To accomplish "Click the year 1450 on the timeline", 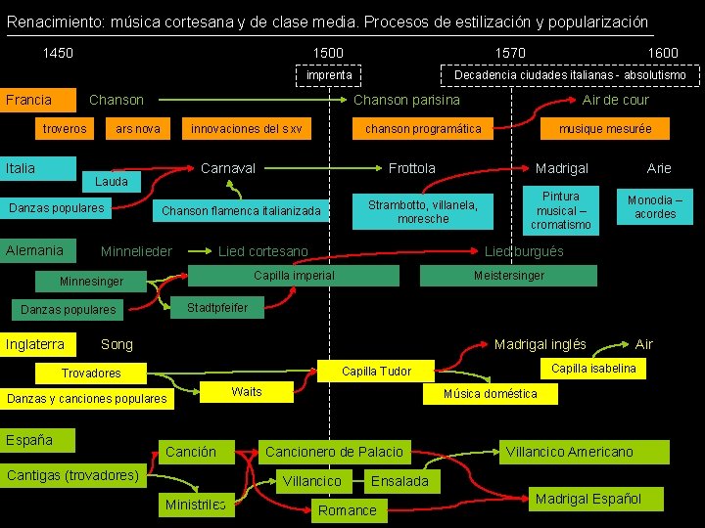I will coord(58,53).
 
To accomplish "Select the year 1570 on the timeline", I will coord(509,53).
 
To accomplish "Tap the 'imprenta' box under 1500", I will coord(329,75).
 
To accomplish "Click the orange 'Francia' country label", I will coord(39,100).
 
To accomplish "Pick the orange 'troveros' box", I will coord(65,129).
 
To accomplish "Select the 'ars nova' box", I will coord(137,129).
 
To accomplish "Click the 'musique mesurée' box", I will coord(604,129).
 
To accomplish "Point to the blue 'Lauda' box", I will coord(111,182).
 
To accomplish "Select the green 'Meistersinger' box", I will coord(508,276).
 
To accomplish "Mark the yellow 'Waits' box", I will coord(246,392).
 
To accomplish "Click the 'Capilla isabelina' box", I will coord(593,369).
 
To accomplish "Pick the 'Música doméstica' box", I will coord(491,394).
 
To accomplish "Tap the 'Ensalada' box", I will coord(399,481).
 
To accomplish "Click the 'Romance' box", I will coord(347,509).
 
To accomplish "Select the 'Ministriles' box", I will coord(195,505).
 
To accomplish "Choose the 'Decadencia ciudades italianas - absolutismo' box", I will coord(570,75).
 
